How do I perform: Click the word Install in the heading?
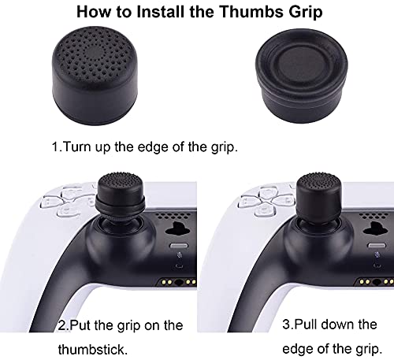pos(161,12)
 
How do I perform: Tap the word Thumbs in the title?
pos(251,12)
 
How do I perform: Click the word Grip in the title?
pos(306,13)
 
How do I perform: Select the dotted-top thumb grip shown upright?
pos(95,76)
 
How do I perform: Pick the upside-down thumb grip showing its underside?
pos(302,76)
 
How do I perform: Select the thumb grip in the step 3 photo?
pos(319,198)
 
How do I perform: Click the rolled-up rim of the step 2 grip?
pos(121,204)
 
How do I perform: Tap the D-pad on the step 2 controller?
pos(69,202)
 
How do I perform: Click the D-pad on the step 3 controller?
pos(266,202)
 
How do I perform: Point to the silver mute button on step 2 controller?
pos(179,246)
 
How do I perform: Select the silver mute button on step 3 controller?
pos(377,246)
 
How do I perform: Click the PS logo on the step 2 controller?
pos(179,230)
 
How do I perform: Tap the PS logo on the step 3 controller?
pos(376,230)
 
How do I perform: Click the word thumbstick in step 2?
pos(93,350)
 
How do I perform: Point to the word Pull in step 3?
pos(306,325)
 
